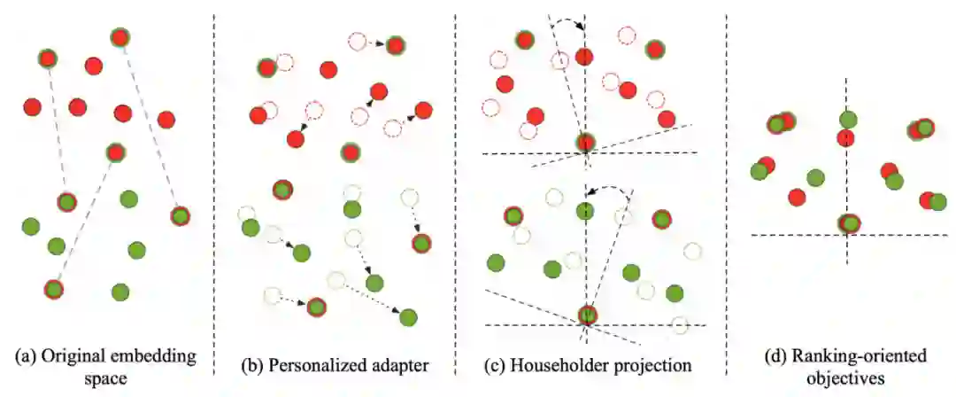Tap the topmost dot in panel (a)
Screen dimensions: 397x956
point(120,37)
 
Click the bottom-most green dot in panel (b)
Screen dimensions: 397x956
point(408,317)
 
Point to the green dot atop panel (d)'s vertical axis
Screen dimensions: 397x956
point(848,119)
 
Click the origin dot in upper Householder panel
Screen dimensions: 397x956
point(585,142)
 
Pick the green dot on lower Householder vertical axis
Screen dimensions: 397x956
point(585,210)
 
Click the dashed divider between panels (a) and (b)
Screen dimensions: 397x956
point(214,177)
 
